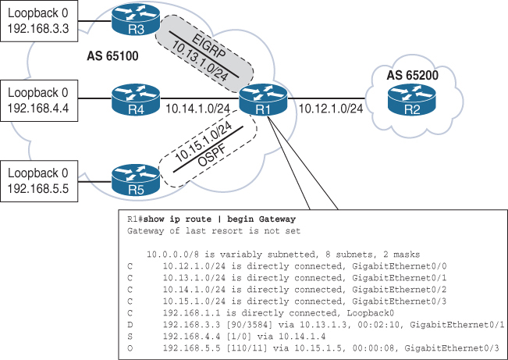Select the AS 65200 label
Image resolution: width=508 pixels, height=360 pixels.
pos(419,75)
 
